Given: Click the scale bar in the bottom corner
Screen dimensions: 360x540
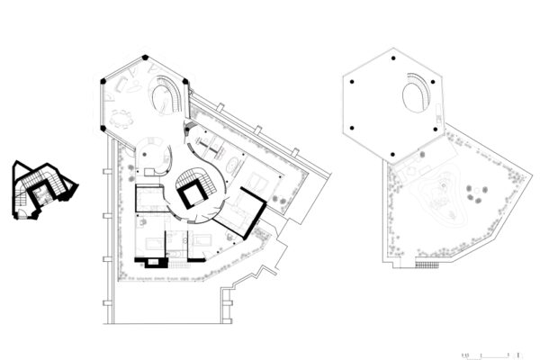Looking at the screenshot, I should click(x=490, y=356).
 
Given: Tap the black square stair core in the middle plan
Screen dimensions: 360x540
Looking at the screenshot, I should click(x=191, y=192).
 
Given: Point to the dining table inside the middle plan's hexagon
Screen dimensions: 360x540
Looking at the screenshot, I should click(x=121, y=117).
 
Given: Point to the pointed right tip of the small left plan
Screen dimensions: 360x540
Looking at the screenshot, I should click(x=78, y=187).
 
